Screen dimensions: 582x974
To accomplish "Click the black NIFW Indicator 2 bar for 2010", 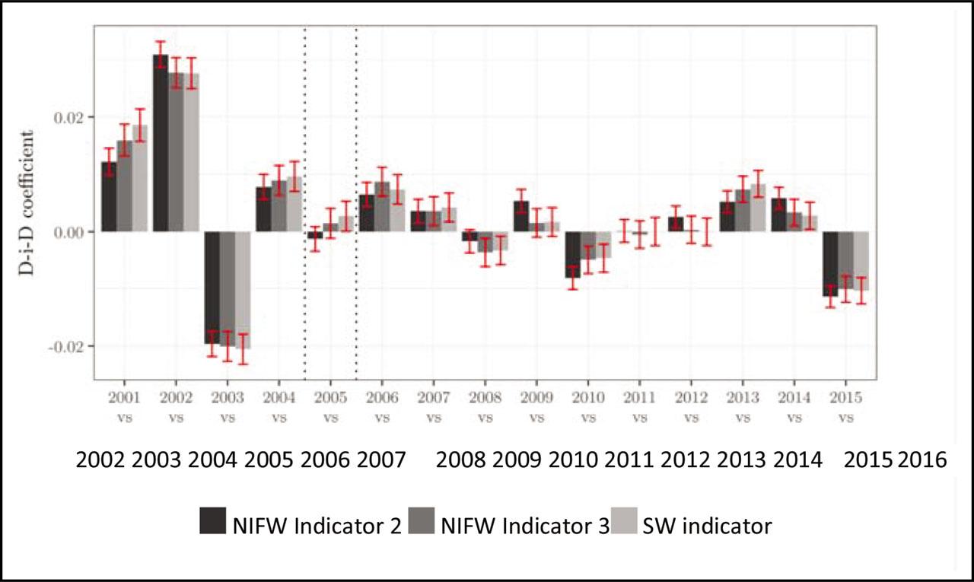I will click(x=572, y=254).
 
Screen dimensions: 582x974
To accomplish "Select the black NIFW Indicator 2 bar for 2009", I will click(x=520, y=217).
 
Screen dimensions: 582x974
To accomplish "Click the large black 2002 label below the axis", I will click(x=101, y=460).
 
